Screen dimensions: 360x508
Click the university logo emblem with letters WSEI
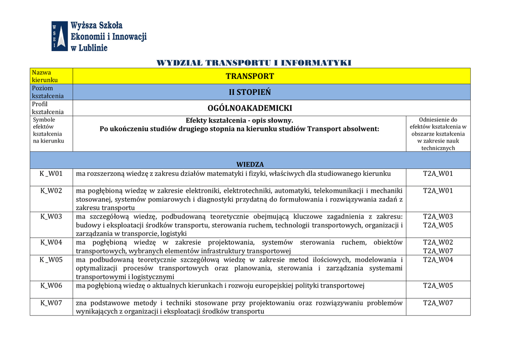[60, 36]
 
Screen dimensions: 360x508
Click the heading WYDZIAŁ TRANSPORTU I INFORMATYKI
[254, 63]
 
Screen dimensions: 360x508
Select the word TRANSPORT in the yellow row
[250, 76]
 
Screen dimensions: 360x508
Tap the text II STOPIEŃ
[250, 92]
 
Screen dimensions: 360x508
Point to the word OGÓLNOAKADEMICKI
[250, 108]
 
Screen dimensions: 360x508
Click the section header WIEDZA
[250, 164]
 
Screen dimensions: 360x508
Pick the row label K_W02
[51, 190]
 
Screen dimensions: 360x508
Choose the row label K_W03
[51, 216]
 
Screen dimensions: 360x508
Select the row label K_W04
[51, 242]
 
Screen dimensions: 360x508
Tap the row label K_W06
[51, 285]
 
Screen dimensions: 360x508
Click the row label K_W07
[51, 302]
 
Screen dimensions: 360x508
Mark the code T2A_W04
[438, 259]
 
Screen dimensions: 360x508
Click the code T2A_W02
[438, 242]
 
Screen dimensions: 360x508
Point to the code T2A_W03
[438, 216]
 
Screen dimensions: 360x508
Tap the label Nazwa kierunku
[45, 76]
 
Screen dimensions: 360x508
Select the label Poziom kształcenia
[48, 92]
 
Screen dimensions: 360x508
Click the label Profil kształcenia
[48, 108]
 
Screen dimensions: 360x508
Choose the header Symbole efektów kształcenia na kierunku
[48, 130]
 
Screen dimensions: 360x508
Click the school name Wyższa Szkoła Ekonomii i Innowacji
[109, 36]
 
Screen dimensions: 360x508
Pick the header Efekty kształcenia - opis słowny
[239, 120]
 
